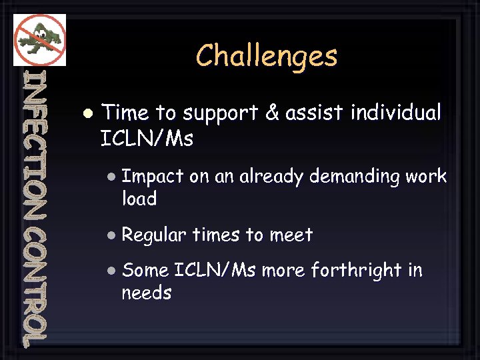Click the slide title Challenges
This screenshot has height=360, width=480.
click(x=267, y=56)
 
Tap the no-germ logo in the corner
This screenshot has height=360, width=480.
click(x=40, y=39)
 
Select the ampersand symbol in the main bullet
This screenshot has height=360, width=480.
click(x=271, y=113)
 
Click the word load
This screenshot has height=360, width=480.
click(x=139, y=199)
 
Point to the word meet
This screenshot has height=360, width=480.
click(x=291, y=235)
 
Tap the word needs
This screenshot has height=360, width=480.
click(x=146, y=293)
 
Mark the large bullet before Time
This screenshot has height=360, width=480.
click(x=87, y=113)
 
